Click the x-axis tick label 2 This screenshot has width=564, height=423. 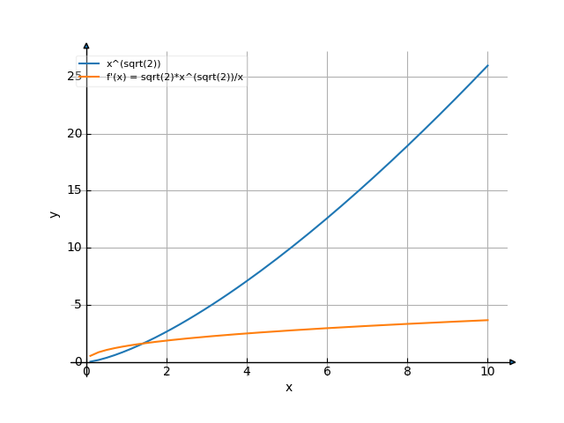167,372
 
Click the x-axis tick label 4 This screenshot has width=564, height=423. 247,372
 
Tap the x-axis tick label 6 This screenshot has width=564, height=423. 327,372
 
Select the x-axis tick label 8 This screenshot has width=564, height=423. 407,372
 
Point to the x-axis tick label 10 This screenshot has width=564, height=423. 487,372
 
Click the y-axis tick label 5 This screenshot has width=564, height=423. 77,305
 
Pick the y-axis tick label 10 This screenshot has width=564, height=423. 74,248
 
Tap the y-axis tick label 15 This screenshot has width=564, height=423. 74,190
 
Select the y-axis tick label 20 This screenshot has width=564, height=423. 74,134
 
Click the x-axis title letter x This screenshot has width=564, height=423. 288,388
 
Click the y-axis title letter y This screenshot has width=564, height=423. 55,213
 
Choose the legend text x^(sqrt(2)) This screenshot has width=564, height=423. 133,64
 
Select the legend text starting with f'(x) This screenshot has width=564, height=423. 174,77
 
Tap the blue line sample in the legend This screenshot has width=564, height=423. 89,64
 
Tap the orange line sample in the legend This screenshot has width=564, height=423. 89,77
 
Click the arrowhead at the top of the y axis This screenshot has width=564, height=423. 86,45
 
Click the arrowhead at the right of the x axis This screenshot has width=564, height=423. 513,361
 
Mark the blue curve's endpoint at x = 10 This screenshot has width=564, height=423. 487,65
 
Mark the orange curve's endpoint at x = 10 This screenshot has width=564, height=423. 487,320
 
